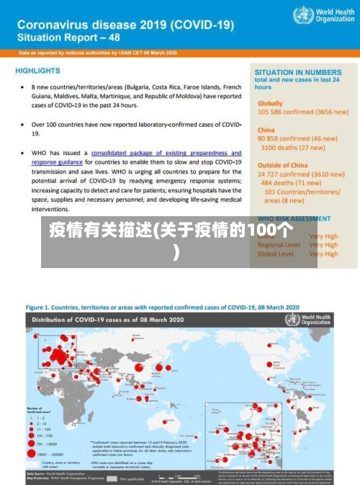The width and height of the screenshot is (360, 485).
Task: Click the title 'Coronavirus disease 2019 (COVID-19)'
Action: coord(125,24)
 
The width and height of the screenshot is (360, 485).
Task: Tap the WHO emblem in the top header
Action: coord(300,15)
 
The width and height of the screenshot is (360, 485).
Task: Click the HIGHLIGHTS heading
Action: coord(37,71)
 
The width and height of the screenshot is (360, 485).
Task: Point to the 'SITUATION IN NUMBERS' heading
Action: coord(297,73)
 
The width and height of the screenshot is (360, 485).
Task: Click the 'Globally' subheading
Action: coord(270,103)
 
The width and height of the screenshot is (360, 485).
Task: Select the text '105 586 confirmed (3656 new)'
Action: coord(302,112)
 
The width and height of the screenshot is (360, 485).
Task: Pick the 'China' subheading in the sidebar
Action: coord(266,130)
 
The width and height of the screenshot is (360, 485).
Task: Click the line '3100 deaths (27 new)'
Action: coord(292,147)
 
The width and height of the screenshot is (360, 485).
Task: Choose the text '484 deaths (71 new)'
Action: coord(292,183)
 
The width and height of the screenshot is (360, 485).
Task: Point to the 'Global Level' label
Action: coord(276,254)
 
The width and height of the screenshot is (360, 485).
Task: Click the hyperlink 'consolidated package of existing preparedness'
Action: coord(166,153)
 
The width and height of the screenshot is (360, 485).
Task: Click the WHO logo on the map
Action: coord(317,319)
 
